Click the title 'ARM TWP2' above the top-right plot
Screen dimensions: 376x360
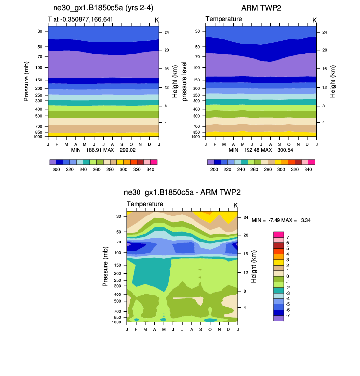[x=260, y=8]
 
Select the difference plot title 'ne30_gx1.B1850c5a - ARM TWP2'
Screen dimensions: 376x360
[x=182, y=193]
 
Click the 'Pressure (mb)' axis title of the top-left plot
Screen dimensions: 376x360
[x=27, y=81]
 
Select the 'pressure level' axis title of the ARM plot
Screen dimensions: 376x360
[x=184, y=81]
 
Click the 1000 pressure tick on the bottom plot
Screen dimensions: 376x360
[x=116, y=322]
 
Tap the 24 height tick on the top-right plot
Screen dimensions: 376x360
[x=325, y=32]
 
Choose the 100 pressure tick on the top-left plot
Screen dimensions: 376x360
[x=39, y=67]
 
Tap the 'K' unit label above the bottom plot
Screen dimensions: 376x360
[x=235, y=205]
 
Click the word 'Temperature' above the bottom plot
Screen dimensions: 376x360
[x=145, y=204]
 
